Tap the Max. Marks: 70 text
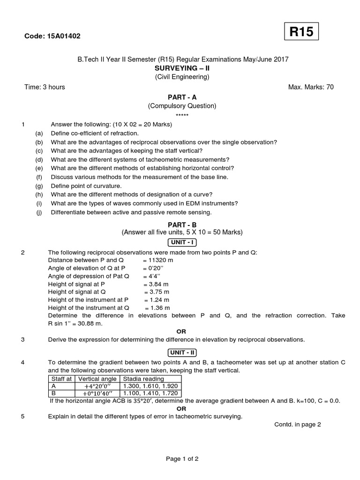pos(311,87)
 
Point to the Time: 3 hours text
pos(45,87)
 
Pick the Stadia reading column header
pos(143,379)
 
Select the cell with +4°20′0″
pos(97,386)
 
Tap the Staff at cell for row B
pos(61,393)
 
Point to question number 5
pos(22,416)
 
